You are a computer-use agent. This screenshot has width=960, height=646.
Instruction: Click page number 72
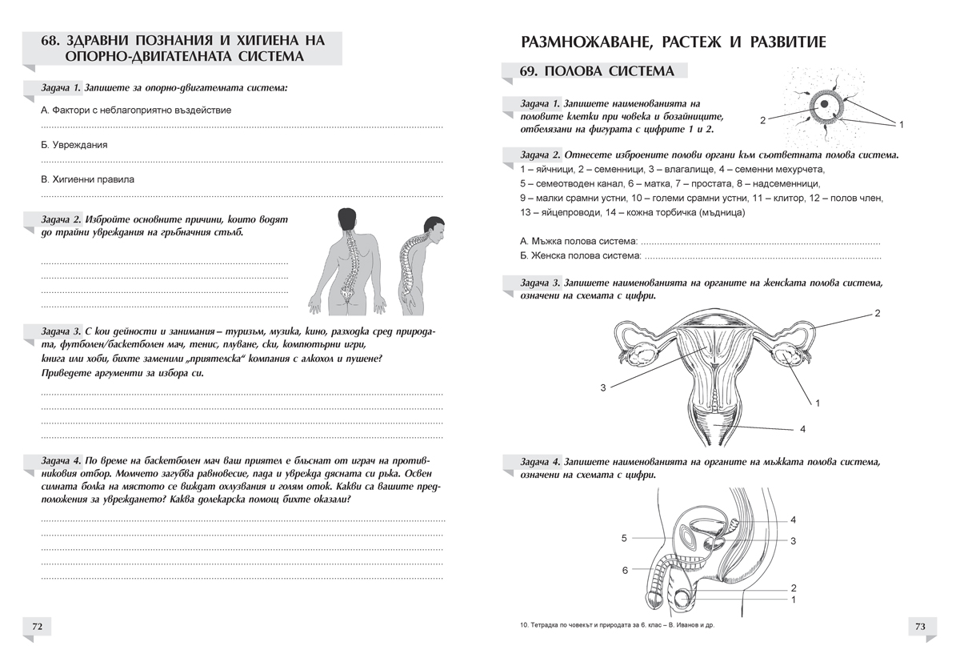pos(37,626)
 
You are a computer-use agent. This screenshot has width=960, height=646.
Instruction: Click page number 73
pos(920,626)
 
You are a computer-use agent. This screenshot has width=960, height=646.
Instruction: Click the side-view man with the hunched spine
pos(419,264)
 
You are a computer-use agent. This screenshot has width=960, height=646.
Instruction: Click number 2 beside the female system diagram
pos(877,313)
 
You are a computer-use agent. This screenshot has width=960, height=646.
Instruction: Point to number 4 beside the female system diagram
pos(802,430)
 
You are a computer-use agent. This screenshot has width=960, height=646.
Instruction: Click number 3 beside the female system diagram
pos(603,388)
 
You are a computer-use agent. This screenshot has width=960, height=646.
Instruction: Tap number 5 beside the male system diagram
pos(624,539)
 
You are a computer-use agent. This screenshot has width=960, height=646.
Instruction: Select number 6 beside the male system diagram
pos(625,571)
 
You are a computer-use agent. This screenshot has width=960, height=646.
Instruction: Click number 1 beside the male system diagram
pos(793,599)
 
